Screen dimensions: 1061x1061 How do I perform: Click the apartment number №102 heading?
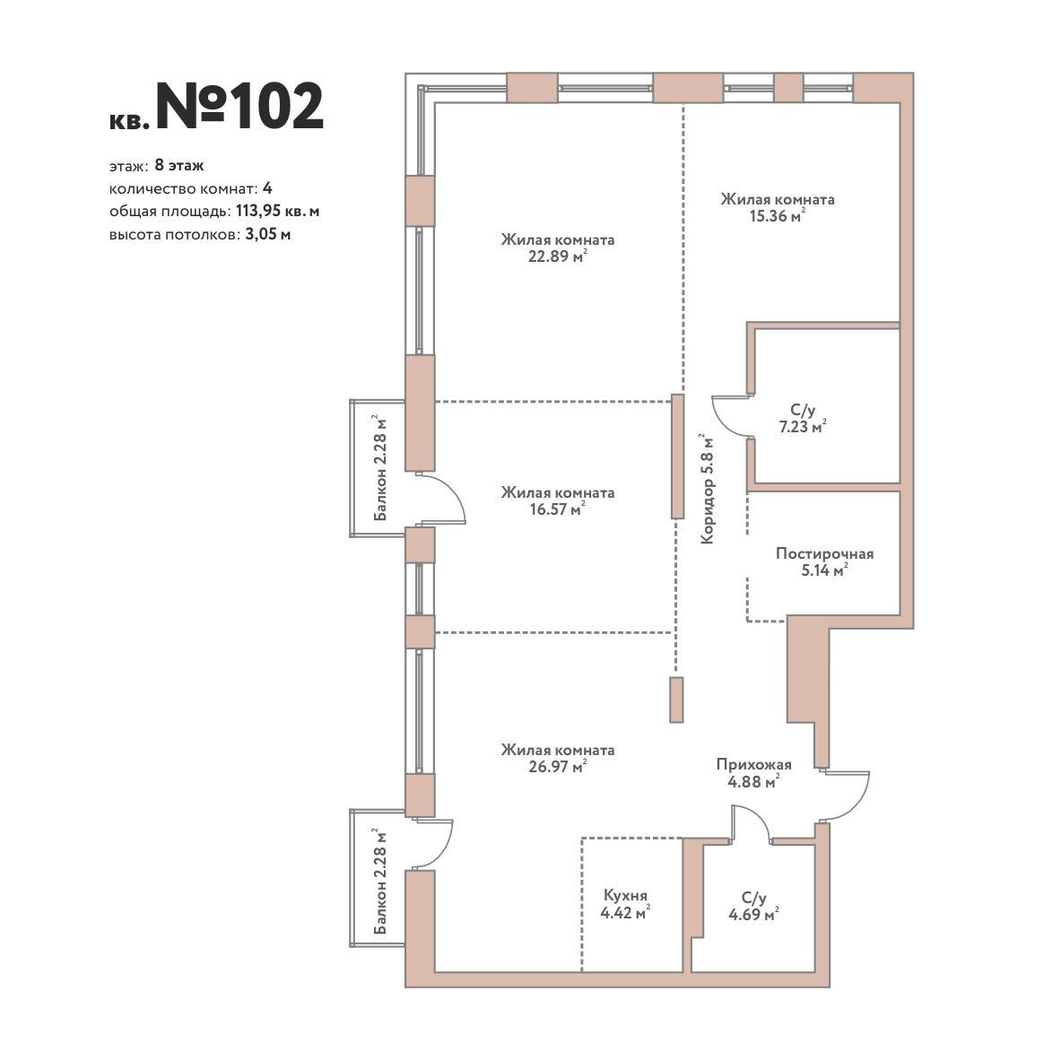coord(240,106)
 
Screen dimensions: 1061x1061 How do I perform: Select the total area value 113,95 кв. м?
coord(277,211)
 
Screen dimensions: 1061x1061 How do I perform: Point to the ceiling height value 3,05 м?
coord(269,235)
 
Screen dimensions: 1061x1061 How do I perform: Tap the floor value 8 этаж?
coord(179,165)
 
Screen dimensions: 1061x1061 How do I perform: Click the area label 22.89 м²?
coord(558,257)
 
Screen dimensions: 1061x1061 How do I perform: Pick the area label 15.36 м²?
coord(778,216)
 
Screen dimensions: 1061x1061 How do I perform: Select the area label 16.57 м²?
coord(558,509)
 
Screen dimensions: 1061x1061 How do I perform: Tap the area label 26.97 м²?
coord(558,766)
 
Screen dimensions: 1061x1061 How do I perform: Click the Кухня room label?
coord(625,895)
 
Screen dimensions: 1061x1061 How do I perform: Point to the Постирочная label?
coord(824,553)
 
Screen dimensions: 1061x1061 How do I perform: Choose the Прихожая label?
coord(753,765)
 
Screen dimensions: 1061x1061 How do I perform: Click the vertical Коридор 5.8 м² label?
coord(707,489)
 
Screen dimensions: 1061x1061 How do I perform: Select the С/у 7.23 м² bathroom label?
coord(803,418)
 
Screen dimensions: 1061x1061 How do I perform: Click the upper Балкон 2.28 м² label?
coord(380,468)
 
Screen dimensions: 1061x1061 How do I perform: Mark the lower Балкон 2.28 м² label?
coord(380,881)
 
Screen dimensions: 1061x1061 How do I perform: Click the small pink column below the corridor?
coord(676,700)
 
